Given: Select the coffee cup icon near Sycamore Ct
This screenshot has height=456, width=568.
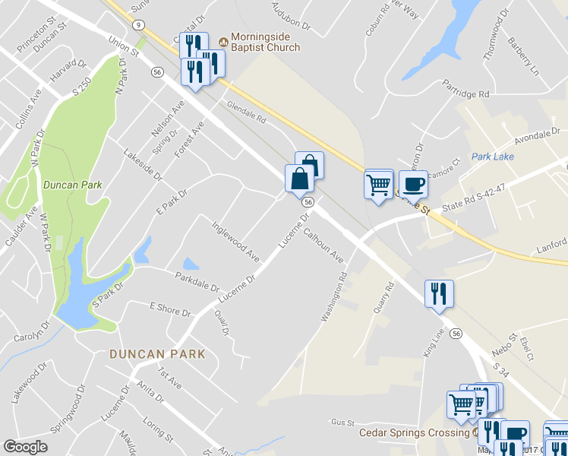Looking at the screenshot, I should [x=412, y=185].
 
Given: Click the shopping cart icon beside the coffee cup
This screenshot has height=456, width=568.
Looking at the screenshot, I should [x=378, y=184].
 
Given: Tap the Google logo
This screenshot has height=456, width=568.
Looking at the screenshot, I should [x=25, y=447].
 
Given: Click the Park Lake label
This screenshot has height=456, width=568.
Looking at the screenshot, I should [x=492, y=157].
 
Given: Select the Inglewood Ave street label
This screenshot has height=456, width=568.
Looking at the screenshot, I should [x=235, y=242].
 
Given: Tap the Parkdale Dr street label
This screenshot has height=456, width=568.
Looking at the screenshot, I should [x=197, y=283].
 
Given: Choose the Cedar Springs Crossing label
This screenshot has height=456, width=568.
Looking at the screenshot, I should [x=414, y=432].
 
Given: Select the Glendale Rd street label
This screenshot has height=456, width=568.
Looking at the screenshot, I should [x=246, y=113].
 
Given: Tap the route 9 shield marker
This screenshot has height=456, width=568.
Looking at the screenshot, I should [x=137, y=24].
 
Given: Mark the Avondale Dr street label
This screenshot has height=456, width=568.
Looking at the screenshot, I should [x=536, y=137].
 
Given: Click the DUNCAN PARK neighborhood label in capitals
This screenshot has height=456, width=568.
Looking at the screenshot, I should [x=157, y=353].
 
